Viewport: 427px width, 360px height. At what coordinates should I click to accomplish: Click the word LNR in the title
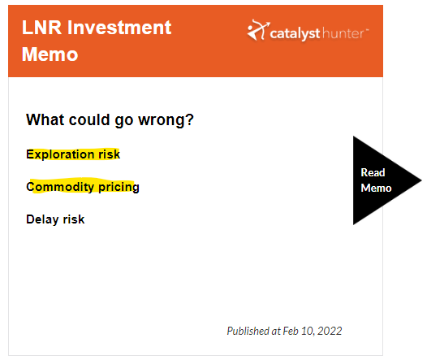coord(41,28)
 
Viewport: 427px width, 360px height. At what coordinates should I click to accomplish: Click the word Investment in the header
coord(119,28)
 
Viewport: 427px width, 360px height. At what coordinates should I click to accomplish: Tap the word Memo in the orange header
coord(50,54)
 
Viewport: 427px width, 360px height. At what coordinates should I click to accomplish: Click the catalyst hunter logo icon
coord(258,30)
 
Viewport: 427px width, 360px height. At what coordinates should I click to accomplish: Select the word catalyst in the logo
coord(295,34)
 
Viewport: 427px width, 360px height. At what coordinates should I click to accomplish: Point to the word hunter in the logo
coord(343,33)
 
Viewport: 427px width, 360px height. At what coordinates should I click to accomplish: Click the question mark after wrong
coord(189,119)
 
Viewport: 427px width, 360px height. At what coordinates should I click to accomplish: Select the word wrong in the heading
coord(161,120)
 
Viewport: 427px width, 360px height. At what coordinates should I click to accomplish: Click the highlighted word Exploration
coord(60,154)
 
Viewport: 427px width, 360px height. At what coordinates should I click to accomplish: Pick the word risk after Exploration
coord(109,154)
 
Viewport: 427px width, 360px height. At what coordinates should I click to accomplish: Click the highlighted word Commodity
coord(60,187)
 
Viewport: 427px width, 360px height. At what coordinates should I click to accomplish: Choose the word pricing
coord(119,187)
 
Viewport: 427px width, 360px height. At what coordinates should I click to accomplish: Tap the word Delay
coord(42,219)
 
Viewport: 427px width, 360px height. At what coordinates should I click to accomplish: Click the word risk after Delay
coord(74,219)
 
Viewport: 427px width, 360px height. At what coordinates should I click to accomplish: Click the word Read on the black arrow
coord(373,172)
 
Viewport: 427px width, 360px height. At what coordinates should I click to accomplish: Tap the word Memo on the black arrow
coord(376,188)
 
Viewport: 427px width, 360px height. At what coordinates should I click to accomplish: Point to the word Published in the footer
coord(248,331)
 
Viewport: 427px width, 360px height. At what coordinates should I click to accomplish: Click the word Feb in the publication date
coord(291,331)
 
